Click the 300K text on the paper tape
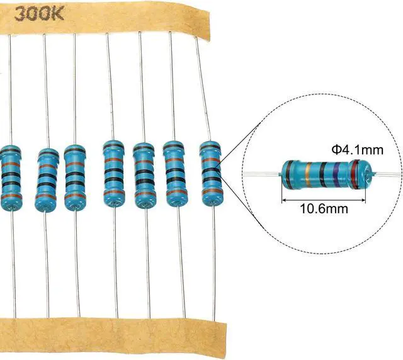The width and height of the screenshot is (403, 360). click(39, 14)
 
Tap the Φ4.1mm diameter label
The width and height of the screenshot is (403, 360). click(357, 150)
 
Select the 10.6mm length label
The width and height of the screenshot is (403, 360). click(324, 208)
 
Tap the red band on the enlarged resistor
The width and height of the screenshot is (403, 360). click(355, 174)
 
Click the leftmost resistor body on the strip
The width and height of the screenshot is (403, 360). click(10, 178)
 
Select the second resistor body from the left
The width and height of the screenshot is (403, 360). click(46, 180)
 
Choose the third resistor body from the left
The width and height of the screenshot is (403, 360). click(75, 178)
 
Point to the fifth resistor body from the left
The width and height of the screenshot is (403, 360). click(144, 175)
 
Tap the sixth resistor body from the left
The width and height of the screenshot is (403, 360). click(175, 174)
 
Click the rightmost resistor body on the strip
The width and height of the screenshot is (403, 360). click(212, 174)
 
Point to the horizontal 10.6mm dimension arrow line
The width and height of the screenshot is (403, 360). click(324, 200)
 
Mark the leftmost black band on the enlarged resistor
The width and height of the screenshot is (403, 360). click(290, 174)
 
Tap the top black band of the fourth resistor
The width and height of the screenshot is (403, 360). click(113, 148)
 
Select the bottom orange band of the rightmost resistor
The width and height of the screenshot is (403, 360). click(212, 192)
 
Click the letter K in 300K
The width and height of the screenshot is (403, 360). click(57, 14)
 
